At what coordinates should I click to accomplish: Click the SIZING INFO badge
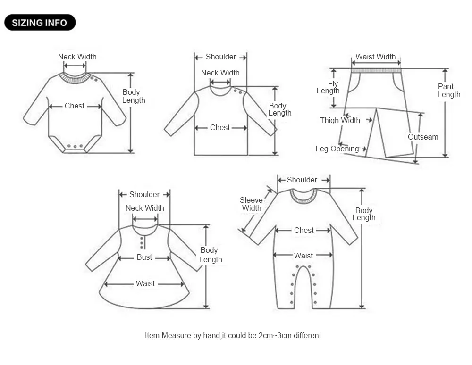pos(40,23)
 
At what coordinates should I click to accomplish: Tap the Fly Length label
pos(328,87)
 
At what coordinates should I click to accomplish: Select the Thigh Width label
pos(340,120)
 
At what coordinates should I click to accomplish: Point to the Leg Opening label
pos(337,149)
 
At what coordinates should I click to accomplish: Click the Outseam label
pos(423,137)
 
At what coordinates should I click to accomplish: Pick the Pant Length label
pos(448,91)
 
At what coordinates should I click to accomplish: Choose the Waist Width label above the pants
pos(376,57)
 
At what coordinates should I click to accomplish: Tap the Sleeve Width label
pos(252,204)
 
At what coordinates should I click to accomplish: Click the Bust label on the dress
pos(144,257)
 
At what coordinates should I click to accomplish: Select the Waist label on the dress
pos(145,283)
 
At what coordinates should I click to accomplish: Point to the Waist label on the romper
pos(303,256)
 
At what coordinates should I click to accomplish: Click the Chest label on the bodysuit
pos(75,106)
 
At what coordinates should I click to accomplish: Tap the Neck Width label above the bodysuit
pos(77,57)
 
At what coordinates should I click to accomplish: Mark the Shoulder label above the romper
pos(302,180)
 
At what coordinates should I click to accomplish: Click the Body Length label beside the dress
pos(210,255)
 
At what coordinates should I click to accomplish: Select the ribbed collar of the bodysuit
pos(75,78)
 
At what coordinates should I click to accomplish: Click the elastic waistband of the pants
pos(376,70)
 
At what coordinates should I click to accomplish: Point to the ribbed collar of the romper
pos(303,196)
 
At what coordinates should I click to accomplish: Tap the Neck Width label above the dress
pos(145,208)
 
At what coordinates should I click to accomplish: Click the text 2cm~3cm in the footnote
pos(275,335)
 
